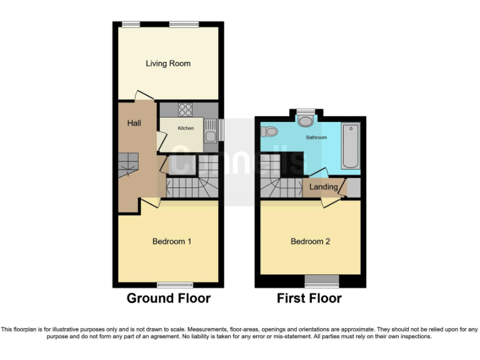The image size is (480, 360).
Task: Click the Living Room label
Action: tap(168, 64)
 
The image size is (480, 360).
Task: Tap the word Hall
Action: tap(134, 123)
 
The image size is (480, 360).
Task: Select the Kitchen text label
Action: tap(186, 128)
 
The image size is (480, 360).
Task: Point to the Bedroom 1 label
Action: tap(172, 241)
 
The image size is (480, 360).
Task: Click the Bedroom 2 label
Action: tap(310, 241)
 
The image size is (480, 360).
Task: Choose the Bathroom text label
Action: tap(316, 137)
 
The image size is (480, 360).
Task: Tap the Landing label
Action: tap(324, 187)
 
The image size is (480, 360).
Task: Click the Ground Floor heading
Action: tap(168, 298)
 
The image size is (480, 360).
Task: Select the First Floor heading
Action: tap(309, 298)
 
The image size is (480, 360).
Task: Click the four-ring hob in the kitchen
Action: tap(186, 110)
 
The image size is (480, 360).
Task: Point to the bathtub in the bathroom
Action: tap(351, 146)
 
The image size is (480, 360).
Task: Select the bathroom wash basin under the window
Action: tap(306, 121)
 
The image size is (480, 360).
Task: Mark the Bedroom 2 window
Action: tap(322, 278)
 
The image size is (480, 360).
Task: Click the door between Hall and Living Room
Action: tap(144, 95)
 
